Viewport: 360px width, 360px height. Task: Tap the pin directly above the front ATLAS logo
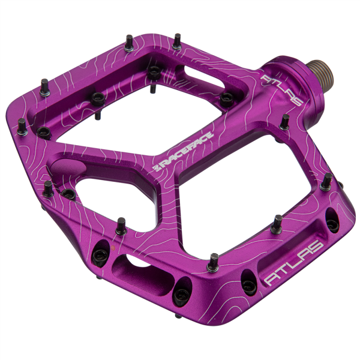tap(277, 223)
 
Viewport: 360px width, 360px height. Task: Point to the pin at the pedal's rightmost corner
tap(328, 181)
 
